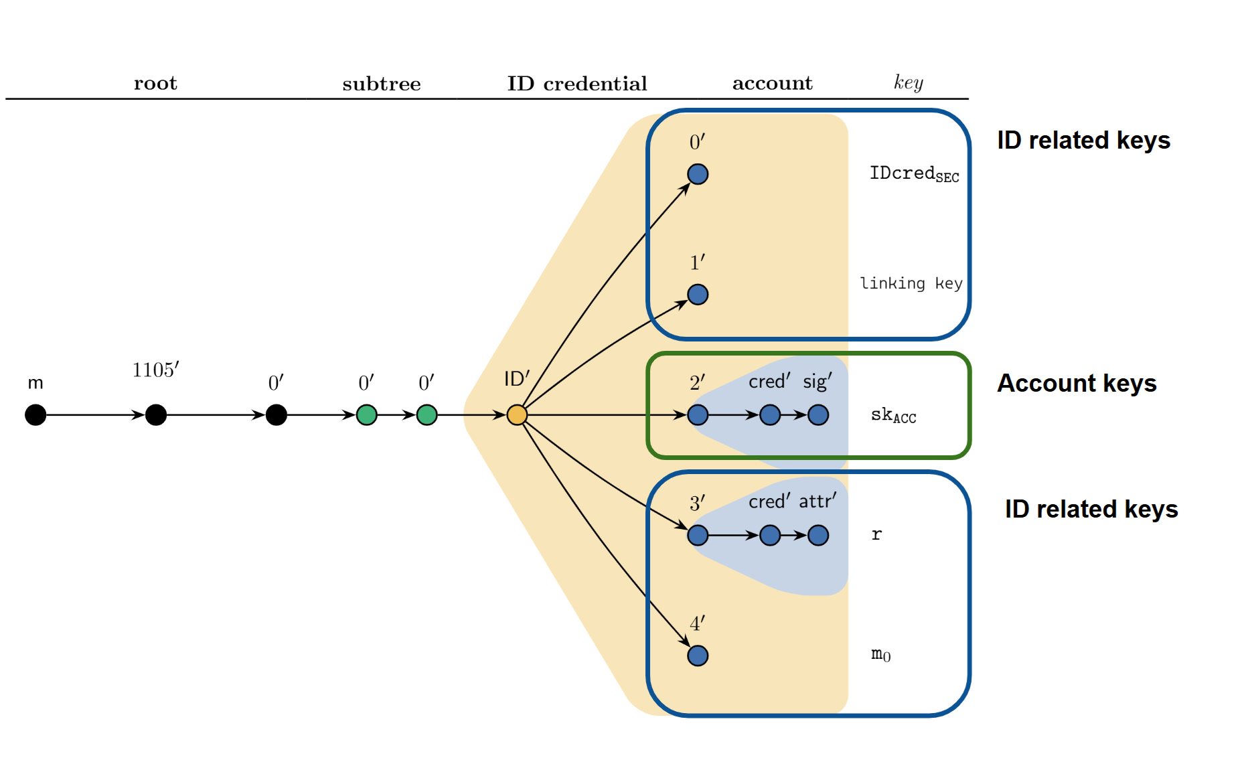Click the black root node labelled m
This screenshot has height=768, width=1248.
(35, 415)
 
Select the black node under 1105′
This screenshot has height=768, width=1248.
(156, 415)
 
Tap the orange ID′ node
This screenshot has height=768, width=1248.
(517, 415)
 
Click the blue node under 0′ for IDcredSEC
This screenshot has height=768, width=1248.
(698, 174)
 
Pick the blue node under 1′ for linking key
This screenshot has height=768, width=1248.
(698, 295)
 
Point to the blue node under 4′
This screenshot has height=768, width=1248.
(698, 656)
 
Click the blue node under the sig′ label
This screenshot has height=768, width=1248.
(818, 415)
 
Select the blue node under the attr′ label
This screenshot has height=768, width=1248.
(818, 536)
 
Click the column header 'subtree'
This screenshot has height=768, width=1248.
(382, 84)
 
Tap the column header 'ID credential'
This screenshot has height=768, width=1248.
(577, 84)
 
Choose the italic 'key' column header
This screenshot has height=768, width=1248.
(909, 82)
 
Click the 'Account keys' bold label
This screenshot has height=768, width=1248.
(1077, 384)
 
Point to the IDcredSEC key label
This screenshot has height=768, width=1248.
(914, 174)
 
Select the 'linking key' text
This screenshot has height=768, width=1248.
(911, 283)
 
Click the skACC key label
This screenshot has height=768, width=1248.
(893, 416)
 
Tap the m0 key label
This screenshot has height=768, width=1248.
(880, 654)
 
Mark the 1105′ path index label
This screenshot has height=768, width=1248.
(155, 370)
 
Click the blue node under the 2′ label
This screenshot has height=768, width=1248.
(698, 415)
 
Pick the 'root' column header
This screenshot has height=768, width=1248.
(155, 83)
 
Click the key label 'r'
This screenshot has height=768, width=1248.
(876, 534)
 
